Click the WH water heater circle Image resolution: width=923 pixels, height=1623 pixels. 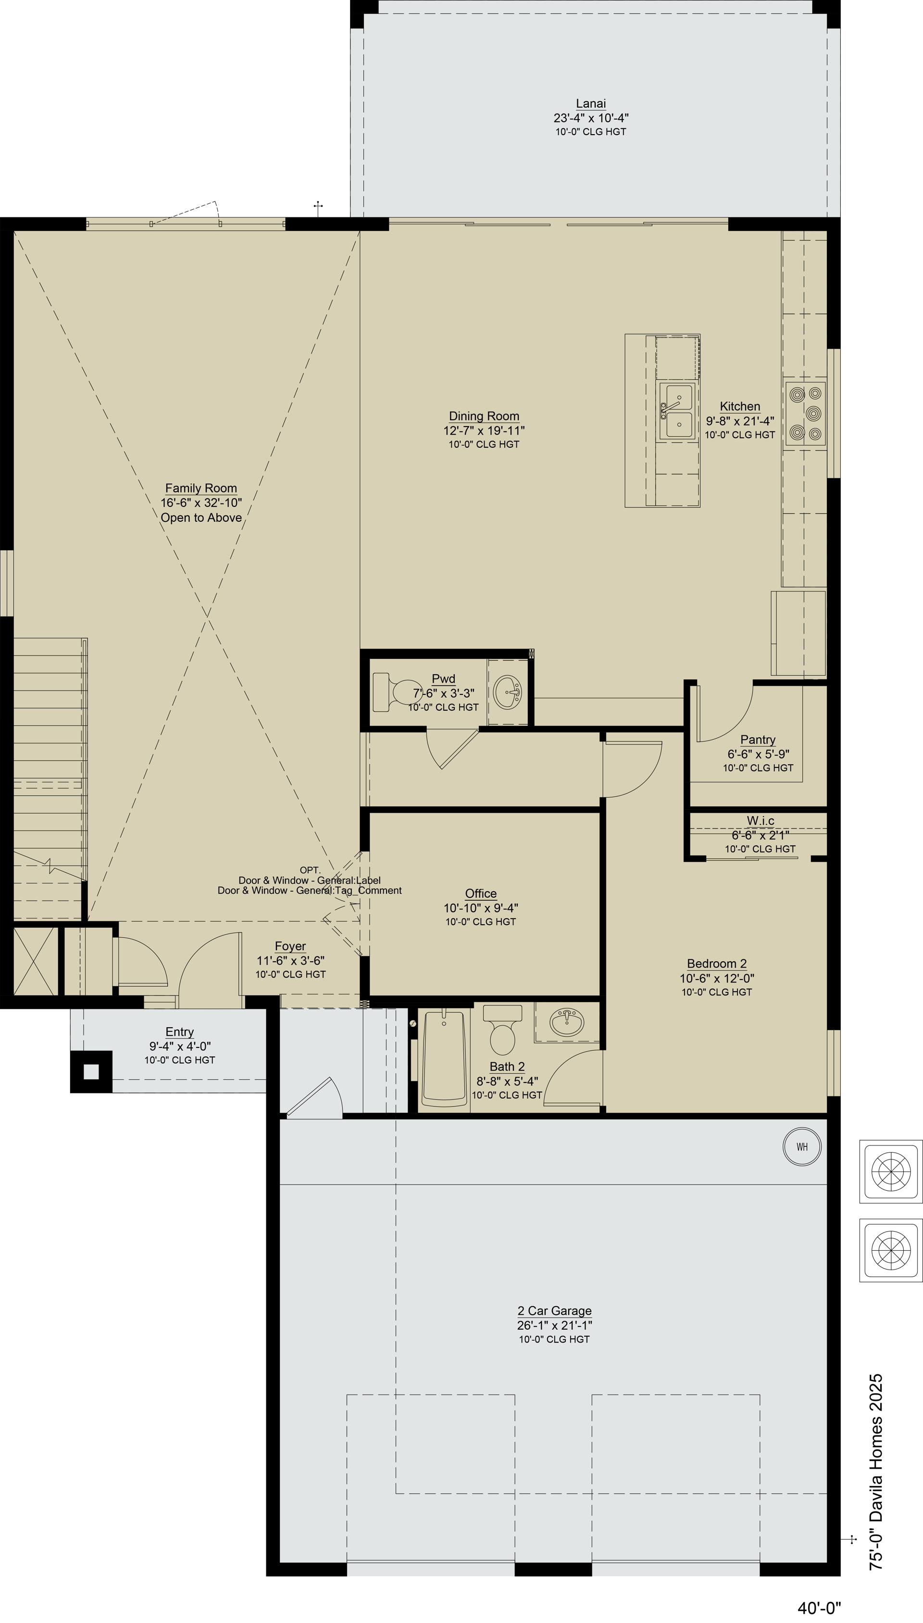click(802, 1146)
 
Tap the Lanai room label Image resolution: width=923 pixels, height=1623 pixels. click(591, 103)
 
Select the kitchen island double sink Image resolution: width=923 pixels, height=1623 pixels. click(677, 411)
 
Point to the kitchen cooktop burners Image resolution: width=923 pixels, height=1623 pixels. click(806, 414)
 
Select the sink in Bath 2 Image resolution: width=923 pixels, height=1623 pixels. click(567, 1021)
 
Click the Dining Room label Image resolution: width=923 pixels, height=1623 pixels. click(484, 416)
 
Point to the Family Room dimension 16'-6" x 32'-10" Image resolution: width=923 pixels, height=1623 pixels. click(201, 503)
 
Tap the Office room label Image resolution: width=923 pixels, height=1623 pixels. click(481, 893)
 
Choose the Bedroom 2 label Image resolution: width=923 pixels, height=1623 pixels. click(717, 963)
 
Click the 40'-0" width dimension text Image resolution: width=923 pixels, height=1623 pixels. click(819, 1607)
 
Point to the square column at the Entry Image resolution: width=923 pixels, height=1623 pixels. click(91, 1071)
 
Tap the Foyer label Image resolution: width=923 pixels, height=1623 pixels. click(290, 946)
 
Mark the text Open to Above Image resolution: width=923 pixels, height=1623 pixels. click(201, 517)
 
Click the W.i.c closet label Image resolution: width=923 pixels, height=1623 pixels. click(761, 820)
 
